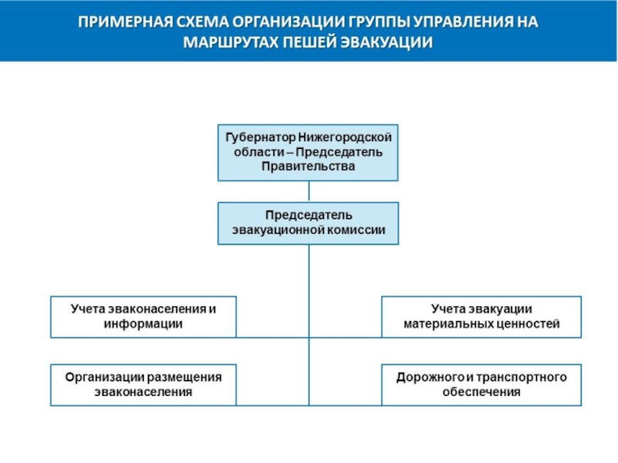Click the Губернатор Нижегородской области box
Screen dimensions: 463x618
coord(308,152)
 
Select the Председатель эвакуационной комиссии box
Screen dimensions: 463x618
coord(308,223)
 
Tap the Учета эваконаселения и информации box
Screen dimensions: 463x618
coord(143,316)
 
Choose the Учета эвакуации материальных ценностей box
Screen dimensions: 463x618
coord(481,316)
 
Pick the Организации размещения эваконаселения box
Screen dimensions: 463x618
coord(143,384)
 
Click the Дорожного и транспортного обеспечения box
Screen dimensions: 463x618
coord(481,384)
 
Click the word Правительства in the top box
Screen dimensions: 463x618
coord(308,166)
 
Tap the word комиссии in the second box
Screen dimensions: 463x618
coord(358,231)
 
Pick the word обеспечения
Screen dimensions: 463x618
coord(481,392)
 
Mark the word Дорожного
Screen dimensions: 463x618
coord(430,377)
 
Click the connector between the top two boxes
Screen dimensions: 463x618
coord(308,191)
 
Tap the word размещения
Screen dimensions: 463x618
coord(187,377)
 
